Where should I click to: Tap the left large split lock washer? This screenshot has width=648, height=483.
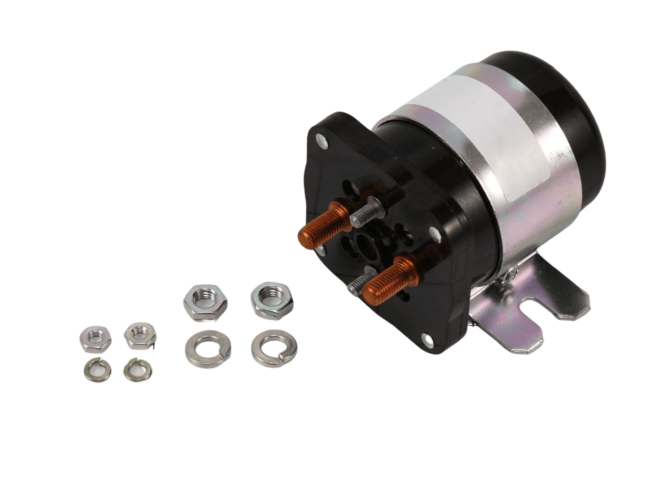(x=208, y=346)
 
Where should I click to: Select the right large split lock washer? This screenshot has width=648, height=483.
(x=272, y=346)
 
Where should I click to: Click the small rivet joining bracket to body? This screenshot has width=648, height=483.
(x=513, y=270)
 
